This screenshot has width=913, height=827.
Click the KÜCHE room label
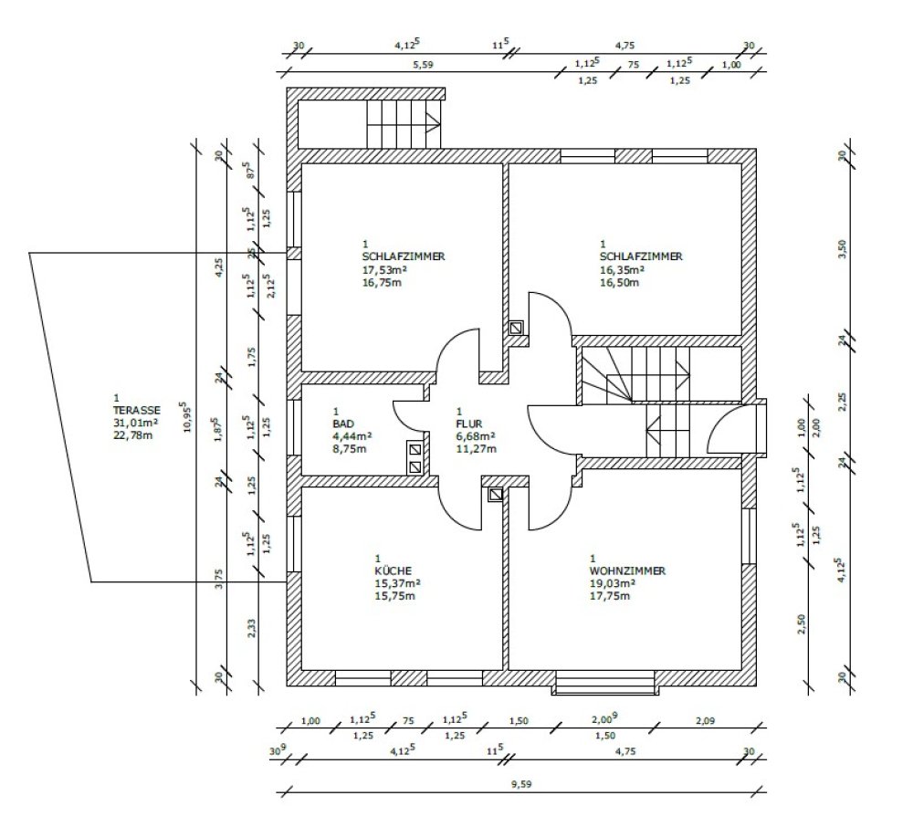393,571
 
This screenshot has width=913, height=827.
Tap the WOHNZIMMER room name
627,571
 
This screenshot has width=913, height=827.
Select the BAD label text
343,424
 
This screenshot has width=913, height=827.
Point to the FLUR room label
468,424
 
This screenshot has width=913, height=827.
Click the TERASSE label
137,410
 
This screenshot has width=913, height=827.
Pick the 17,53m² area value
383,270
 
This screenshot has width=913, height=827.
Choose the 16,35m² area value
621,270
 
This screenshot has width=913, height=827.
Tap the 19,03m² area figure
612,583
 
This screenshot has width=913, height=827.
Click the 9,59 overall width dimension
521,784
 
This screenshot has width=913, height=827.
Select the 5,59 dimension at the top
424,65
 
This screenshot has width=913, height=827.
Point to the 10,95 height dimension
185,416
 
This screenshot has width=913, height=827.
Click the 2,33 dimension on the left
252,628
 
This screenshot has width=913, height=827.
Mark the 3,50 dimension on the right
843,248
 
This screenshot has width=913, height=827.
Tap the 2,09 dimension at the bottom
705,721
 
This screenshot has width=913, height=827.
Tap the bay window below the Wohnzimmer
605,684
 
